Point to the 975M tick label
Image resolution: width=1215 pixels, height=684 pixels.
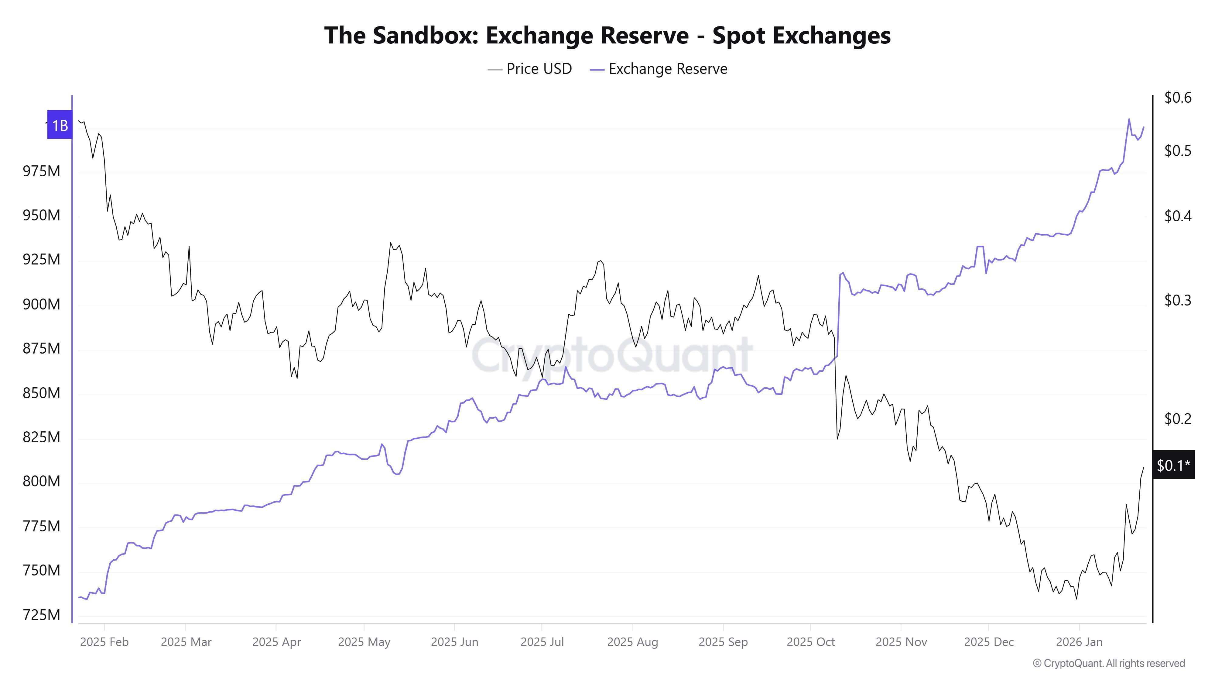[x=42, y=171]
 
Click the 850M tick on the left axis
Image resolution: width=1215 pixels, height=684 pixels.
[x=42, y=393]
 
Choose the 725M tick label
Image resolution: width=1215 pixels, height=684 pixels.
[x=42, y=615]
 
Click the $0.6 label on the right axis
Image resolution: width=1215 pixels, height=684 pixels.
[x=1177, y=98]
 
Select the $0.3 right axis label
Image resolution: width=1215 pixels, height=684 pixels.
[x=1177, y=300]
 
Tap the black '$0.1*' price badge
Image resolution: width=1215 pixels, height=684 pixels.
[x=1173, y=465]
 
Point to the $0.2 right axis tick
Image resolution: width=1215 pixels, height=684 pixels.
[x=1177, y=419]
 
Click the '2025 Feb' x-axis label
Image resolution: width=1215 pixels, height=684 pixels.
[x=104, y=642]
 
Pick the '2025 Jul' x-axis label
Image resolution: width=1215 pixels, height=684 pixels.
[x=542, y=642]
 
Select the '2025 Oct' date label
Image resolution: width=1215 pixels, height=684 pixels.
[x=810, y=642]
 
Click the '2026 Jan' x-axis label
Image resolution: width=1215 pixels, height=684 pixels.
[x=1079, y=642]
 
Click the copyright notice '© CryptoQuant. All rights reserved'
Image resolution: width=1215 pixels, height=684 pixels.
[x=1108, y=663]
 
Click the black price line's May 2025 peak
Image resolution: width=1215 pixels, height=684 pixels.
[x=391, y=243]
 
